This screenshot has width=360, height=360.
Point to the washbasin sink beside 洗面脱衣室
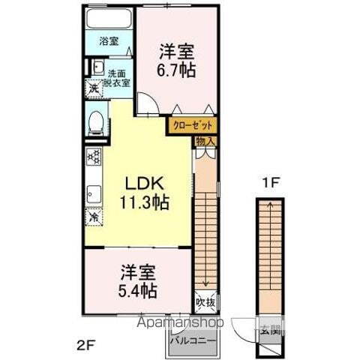pyautogui.click(x=97, y=70)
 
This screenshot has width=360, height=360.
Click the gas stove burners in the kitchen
pyautogui.click(x=94, y=157)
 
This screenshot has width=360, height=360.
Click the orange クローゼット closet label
pyautogui.click(x=193, y=126)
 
